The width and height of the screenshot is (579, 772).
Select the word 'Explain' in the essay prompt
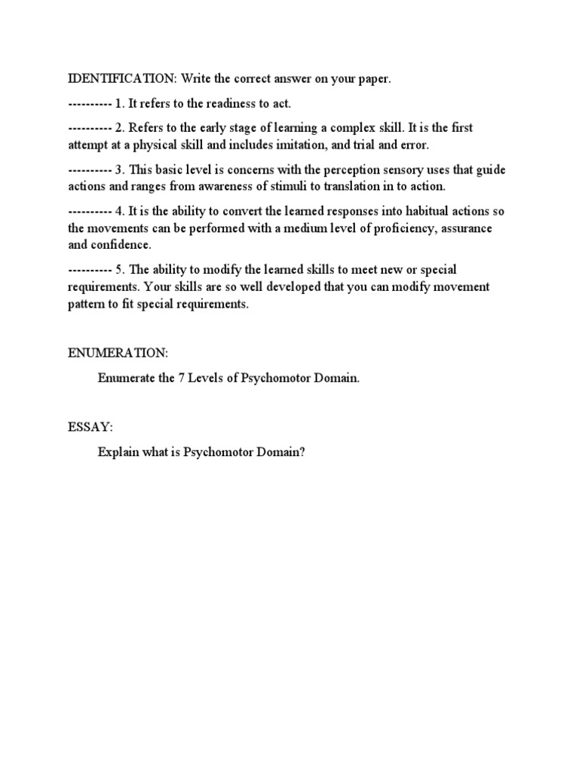pyautogui.click(x=118, y=452)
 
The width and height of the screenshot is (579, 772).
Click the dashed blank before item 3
pyautogui.click(x=90, y=170)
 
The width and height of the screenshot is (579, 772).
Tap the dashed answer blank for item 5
pyautogui.click(x=90, y=270)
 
